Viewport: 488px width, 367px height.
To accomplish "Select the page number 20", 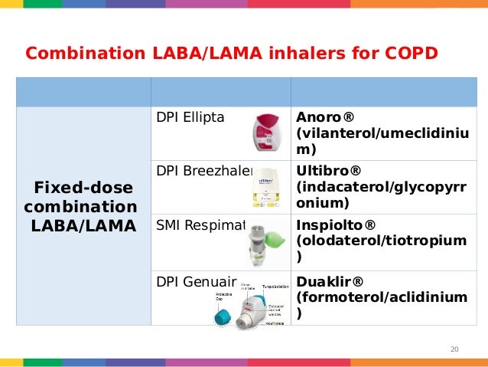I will pos(454,350).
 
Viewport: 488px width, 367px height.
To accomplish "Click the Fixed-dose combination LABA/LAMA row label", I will pos(81,207).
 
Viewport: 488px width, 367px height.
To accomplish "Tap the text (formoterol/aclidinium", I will pos(379,297).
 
